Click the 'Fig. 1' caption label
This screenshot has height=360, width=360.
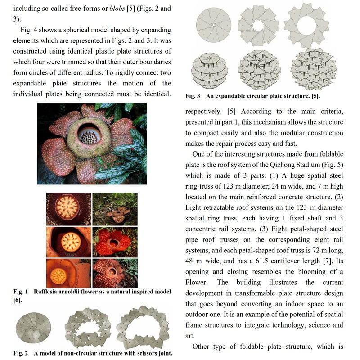pyautogui.click(x=21, y=292)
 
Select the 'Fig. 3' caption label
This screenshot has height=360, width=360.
pyautogui.click(x=193, y=96)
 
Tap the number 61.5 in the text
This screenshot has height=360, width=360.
pyautogui.click(x=274, y=261)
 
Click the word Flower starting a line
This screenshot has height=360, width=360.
pyautogui.click(x=197, y=283)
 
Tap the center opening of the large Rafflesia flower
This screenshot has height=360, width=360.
pyautogui.click(x=91, y=133)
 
